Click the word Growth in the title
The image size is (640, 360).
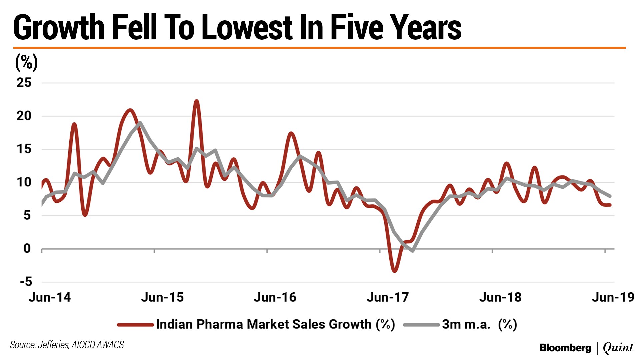(x=59, y=27)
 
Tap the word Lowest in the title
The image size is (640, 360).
(x=247, y=27)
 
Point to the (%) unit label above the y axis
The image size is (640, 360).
(x=26, y=62)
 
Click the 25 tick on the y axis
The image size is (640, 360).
(x=24, y=83)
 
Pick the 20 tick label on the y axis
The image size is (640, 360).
(x=24, y=116)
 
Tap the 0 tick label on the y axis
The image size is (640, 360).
(x=27, y=249)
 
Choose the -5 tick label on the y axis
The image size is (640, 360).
(x=26, y=282)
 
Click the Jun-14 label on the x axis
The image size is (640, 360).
(x=50, y=297)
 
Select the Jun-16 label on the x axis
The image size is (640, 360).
(x=275, y=297)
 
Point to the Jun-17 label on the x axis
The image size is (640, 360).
(x=388, y=297)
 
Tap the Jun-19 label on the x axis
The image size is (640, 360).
(x=613, y=297)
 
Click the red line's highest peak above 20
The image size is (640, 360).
(x=197, y=101)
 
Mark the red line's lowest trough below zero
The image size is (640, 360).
(x=395, y=271)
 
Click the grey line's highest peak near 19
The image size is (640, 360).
(x=140, y=123)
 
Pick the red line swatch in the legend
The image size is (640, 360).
(x=135, y=325)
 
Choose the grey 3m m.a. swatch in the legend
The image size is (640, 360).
(x=421, y=325)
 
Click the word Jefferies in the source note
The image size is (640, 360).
(x=53, y=345)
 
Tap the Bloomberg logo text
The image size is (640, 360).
(x=565, y=348)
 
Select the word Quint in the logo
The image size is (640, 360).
(x=618, y=348)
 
